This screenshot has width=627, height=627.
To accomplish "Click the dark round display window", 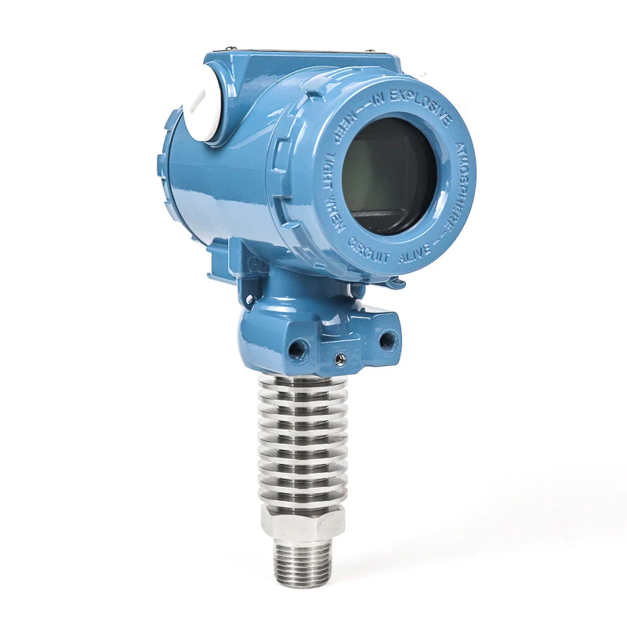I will [390, 176].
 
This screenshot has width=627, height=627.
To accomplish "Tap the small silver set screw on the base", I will [339, 359].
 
